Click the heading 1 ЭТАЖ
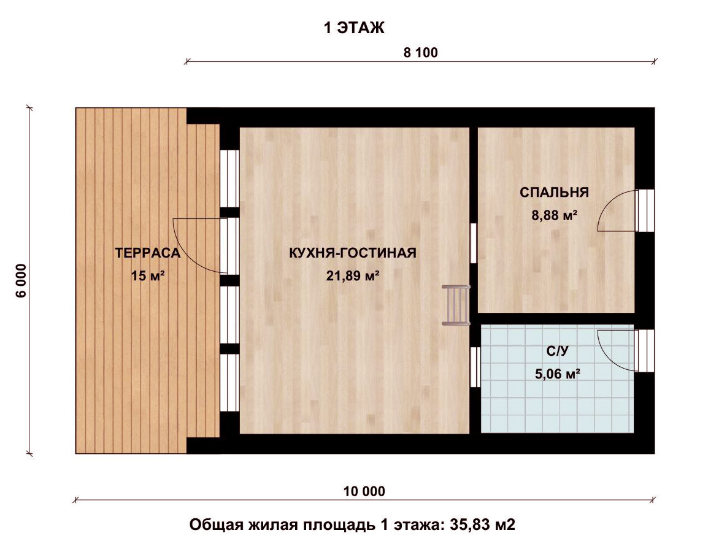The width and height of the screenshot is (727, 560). click(x=354, y=28)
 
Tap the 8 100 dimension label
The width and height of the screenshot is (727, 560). click(x=420, y=52)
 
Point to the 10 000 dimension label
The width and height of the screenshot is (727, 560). click(x=364, y=491)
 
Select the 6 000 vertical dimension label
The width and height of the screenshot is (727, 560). click(x=21, y=280)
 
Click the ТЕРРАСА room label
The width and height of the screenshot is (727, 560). click(x=147, y=253)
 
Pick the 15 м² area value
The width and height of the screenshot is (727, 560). click(x=148, y=276)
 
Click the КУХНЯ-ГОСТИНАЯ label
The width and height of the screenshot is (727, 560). click(x=352, y=253)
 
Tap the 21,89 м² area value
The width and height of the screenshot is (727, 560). click(x=353, y=276)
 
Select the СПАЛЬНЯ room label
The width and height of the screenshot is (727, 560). click(x=554, y=193)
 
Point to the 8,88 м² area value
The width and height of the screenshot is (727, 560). click(x=554, y=215)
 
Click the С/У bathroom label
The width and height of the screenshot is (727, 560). click(x=557, y=351)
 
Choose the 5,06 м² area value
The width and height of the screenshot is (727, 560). click(x=558, y=374)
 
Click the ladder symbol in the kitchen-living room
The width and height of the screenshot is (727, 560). click(x=456, y=305)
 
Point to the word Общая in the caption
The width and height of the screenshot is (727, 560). click(x=215, y=525)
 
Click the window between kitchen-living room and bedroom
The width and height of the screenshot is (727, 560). click(x=474, y=243)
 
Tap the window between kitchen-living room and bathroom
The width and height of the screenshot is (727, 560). click(x=475, y=367)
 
